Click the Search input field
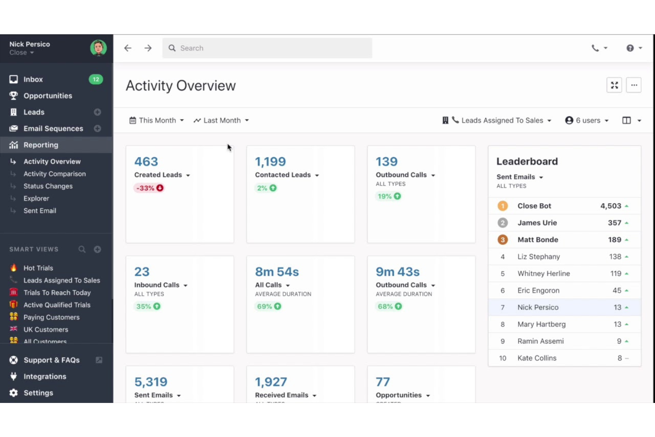click(267, 48)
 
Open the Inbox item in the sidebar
click(33, 79)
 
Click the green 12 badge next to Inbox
click(96, 79)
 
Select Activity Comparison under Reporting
click(54, 174)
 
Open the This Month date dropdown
click(157, 120)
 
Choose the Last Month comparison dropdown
click(221, 120)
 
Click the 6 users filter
click(587, 120)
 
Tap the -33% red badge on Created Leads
click(149, 188)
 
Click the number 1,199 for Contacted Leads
click(270, 162)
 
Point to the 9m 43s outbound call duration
click(397, 272)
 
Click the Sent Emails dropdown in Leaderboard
click(520, 177)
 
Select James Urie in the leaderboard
click(537, 223)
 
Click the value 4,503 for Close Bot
click(611, 206)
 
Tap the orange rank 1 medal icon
click(502, 206)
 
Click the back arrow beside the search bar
click(128, 48)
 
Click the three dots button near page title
click(634, 85)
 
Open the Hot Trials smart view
click(38, 268)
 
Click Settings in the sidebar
click(38, 393)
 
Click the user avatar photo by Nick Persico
click(98, 47)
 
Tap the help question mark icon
click(630, 48)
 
